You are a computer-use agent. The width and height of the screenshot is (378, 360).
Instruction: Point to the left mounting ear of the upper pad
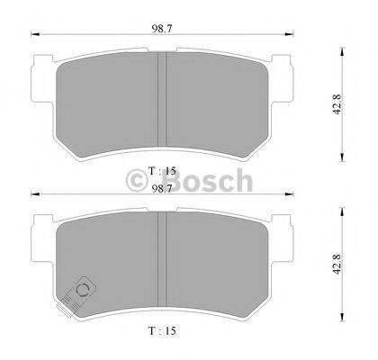(40, 76)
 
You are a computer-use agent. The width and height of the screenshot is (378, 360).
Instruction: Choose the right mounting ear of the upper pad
(285, 76)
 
